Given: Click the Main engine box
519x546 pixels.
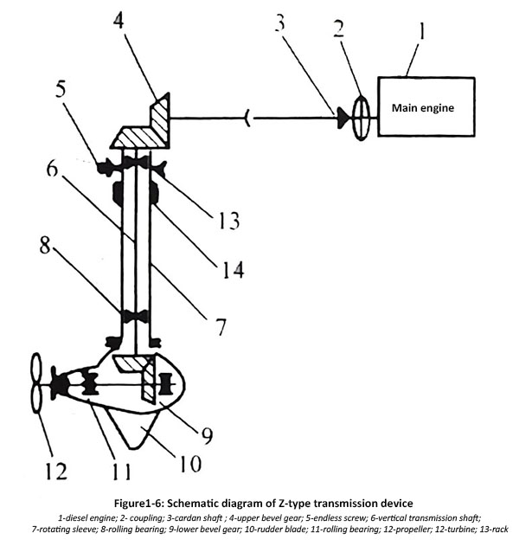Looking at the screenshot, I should tap(425, 108).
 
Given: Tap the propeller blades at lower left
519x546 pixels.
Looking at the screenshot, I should tap(35, 383).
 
